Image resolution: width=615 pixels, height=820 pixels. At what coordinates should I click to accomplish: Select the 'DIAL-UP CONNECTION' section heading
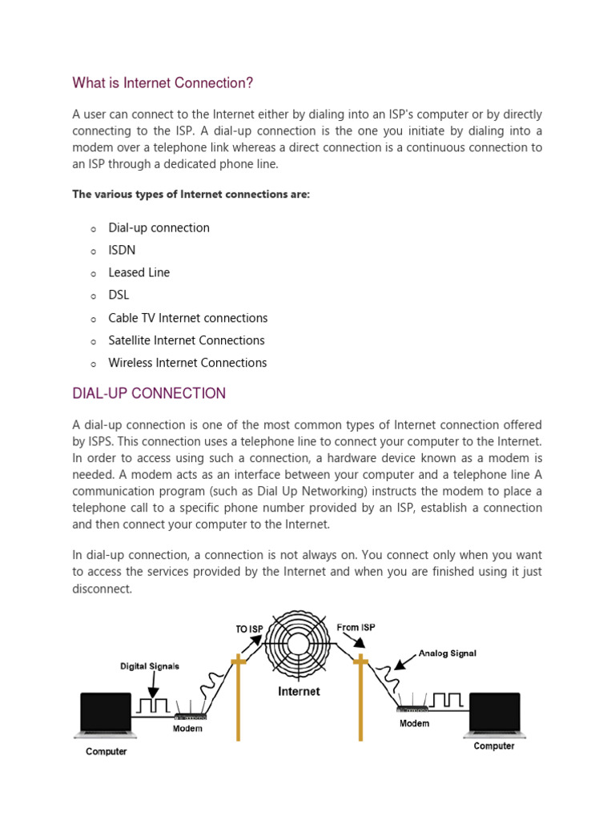(149, 393)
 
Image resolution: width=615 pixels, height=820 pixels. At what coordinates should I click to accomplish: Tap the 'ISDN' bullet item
(122, 250)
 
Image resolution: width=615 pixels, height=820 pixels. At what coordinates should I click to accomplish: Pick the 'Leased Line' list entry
(139, 272)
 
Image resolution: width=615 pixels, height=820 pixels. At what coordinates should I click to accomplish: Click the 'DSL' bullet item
(119, 295)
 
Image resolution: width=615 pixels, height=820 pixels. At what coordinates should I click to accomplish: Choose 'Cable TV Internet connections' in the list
(187, 318)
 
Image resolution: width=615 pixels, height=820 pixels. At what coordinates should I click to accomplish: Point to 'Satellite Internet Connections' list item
(186, 340)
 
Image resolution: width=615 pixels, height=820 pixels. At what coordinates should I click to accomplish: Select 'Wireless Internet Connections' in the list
(187, 363)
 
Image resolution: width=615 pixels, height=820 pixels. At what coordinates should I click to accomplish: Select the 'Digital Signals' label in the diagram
(150, 665)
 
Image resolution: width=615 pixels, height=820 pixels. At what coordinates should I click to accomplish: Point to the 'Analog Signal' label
(447, 653)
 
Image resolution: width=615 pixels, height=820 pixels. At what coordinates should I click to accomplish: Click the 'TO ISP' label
(249, 629)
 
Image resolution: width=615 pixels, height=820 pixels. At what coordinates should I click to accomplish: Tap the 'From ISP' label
(356, 627)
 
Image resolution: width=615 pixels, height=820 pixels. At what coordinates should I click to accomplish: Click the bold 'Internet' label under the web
(299, 691)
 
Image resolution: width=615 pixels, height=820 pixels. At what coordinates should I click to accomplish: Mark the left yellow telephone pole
(237, 697)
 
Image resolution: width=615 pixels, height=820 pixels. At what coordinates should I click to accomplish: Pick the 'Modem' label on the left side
(187, 728)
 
